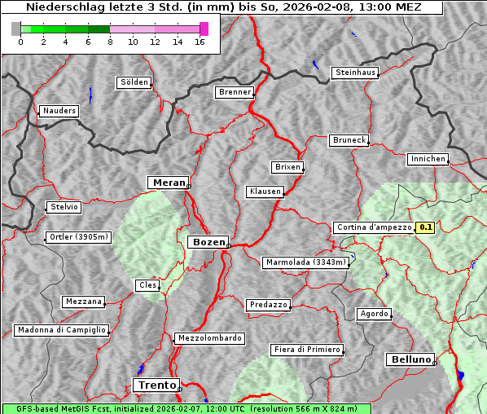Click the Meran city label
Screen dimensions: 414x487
pos(169,183)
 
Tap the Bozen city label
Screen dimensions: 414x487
pos(208,242)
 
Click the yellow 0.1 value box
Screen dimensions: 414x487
pos(425,228)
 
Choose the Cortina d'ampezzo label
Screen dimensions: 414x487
pos(373,228)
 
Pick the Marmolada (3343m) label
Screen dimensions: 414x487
pos(306,262)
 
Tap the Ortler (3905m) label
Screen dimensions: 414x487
pos(77,238)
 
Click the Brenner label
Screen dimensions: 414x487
pos(235,92)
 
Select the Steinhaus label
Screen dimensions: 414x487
pos(356,73)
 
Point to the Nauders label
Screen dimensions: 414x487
pos(59,111)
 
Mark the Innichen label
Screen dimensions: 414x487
pos(428,159)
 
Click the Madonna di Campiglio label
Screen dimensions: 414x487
pos(61,330)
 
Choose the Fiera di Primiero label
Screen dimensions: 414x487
pos(307,350)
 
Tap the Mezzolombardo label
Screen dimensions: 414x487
pos(208,337)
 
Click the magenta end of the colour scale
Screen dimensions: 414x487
pos(204,29)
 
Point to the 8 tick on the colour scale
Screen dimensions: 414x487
pos(110,42)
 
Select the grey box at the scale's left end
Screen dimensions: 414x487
pos(16,29)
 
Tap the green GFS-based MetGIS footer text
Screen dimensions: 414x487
pos(186,408)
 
